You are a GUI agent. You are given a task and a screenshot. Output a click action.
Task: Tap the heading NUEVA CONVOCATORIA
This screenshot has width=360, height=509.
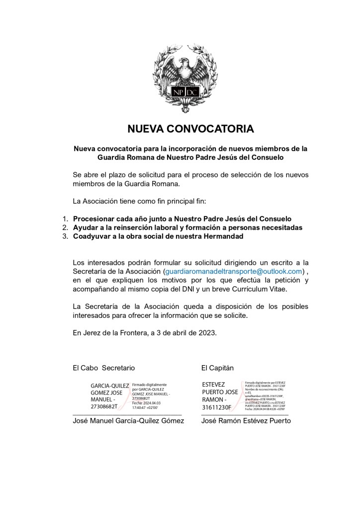click(x=191, y=129)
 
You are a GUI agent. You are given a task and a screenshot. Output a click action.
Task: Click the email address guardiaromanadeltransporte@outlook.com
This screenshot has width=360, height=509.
click(x=233, y=271)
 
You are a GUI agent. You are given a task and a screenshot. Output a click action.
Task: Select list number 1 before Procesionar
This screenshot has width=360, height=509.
click(x=65, y=219)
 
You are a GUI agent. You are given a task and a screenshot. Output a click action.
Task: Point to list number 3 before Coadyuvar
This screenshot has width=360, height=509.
click(x=65, y=237)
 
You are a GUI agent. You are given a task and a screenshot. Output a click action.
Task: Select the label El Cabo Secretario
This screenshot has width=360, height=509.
click(x=103, y=368)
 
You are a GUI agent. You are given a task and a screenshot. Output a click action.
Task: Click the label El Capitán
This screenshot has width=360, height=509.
click(x=217, y=368)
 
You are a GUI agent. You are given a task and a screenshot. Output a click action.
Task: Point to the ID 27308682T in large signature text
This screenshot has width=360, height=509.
click(x=104, y=407)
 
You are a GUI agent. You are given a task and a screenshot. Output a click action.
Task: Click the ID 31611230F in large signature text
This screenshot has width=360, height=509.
click(x=217, y=407)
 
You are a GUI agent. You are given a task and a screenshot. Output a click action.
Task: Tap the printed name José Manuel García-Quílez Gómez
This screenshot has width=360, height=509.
click(x=128, y=420)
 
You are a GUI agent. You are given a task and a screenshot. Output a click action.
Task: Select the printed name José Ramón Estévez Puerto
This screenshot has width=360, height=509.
click(x=246, y=420)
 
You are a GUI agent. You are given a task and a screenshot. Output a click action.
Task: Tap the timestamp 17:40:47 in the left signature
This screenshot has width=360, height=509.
click(x=142, y=407)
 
